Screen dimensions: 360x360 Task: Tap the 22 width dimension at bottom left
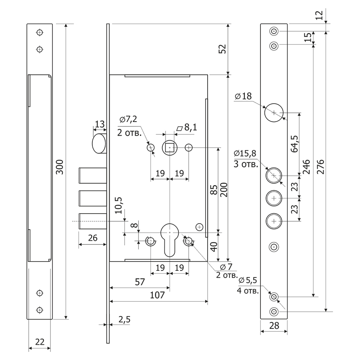[x=40, y=342]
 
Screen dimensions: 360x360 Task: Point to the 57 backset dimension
[x=139, y=282]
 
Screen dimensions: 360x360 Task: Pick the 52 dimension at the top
[x=222, y=49]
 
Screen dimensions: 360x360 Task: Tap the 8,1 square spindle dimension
[x=188, y=128]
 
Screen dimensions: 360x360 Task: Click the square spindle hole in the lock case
[x=170, y=148]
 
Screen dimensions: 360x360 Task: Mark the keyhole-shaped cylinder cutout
[x=170, y=238]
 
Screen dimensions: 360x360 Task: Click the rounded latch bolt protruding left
[x=99, y=144]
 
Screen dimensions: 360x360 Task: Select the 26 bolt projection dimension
[x=92, y=238]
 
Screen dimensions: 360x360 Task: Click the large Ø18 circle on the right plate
[x=274, y=112]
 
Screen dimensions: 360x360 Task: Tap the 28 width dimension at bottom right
[x=274, y=326]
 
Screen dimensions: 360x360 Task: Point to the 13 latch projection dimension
[x=100, y=124]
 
